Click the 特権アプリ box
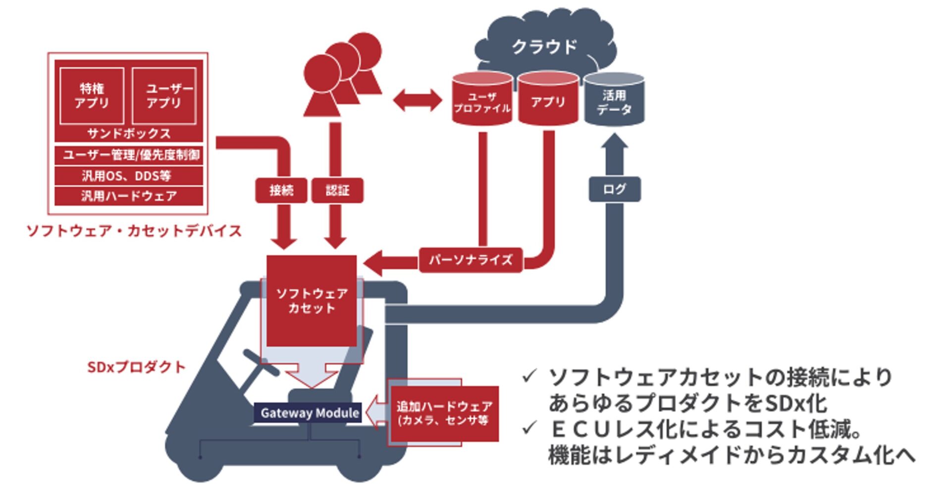(x=92, y=96)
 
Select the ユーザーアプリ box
(x=164, y=96)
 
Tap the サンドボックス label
(x=129, y=133)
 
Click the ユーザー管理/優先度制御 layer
(x=129, y=155)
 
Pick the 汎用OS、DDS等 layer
(x=129, y=175)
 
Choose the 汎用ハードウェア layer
(x=129, y=196)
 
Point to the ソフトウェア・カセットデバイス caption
(x=134, y=231)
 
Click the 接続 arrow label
(x=281, y=190)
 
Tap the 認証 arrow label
(x=337, y=190)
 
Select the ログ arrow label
(x=614, y=189)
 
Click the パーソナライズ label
(x=471, y=260)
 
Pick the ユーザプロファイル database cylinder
(x=482, y=99)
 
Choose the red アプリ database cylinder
(x=548, y=99)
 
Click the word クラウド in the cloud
(x=544, y=47)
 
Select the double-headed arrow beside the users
(x=417, y=101)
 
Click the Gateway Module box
(x=308, y=413)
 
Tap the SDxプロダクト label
(x=136, y=367)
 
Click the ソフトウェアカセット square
(x=312, y=301)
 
